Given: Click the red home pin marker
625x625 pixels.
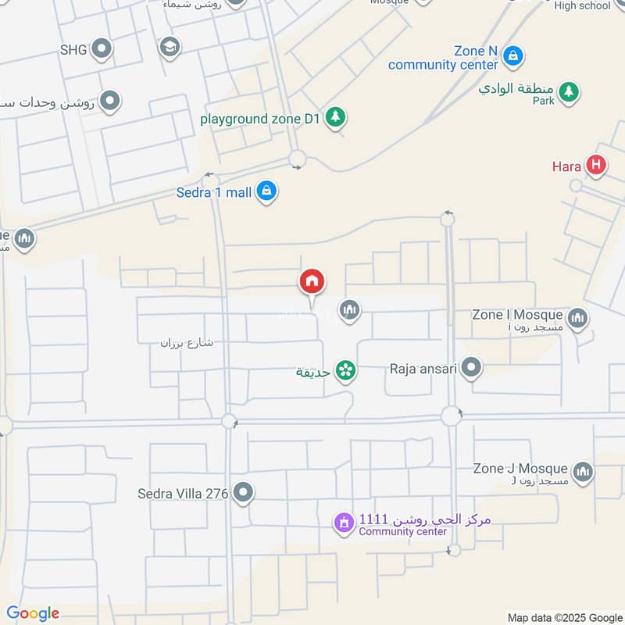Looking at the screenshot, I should click(312, 282).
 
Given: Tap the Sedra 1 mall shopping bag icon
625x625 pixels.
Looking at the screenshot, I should click(267, 191).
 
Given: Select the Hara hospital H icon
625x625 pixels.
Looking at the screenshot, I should click(596, 166).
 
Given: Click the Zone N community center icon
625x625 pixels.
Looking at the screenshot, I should click(513, 55).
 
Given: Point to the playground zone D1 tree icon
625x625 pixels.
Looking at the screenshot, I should click(336, 118).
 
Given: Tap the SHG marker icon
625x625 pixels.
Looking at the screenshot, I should click(101, 51).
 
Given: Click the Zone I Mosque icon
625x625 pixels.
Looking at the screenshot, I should click(578, 317).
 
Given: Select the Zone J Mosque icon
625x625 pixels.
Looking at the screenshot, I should click(582, 472).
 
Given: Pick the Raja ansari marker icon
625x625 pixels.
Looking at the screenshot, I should click(471, 367).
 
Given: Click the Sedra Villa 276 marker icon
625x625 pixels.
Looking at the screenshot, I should click(245, 493).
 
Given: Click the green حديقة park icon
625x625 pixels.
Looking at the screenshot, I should click(345, 370).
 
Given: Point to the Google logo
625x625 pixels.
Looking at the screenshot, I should click(33, 613).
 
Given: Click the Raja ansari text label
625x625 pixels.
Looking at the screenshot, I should click(423, 368).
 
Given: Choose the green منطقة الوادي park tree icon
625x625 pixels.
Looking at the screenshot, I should click(570, 92).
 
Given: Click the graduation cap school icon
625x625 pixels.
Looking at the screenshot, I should click(168, 48).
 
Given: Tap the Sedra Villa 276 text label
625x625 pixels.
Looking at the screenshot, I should click(183, 494).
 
